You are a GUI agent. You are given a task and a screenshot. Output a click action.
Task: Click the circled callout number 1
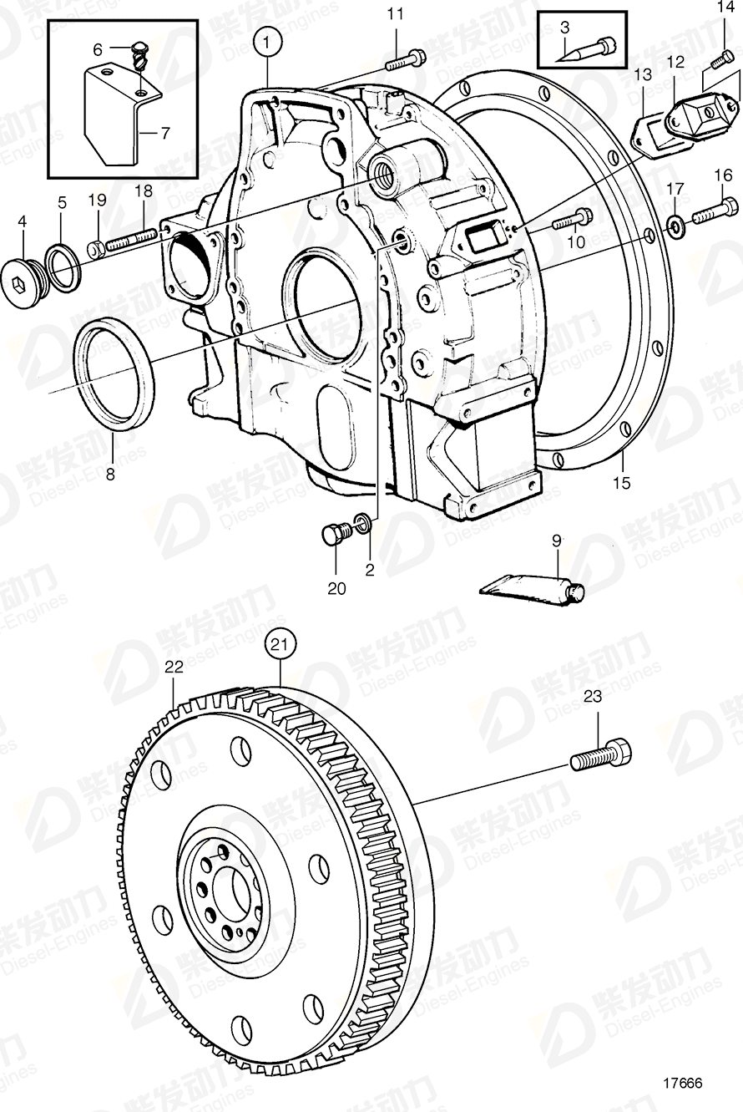[x=266, y=41]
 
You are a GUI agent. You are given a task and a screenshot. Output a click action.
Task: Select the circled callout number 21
[x=281, y=643]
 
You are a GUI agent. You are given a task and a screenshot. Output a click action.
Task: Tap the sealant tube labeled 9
[x=531, y=589]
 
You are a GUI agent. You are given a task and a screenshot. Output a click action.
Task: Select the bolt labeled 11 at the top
[x=405, y=59]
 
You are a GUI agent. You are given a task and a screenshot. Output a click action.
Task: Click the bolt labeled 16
[x=714, y=209]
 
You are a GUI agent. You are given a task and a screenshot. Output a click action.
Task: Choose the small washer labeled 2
[x=363, y=524]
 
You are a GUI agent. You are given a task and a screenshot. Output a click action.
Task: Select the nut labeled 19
[x=95, y=248]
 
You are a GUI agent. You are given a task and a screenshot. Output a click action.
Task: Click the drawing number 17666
[x=682, y=1083]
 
